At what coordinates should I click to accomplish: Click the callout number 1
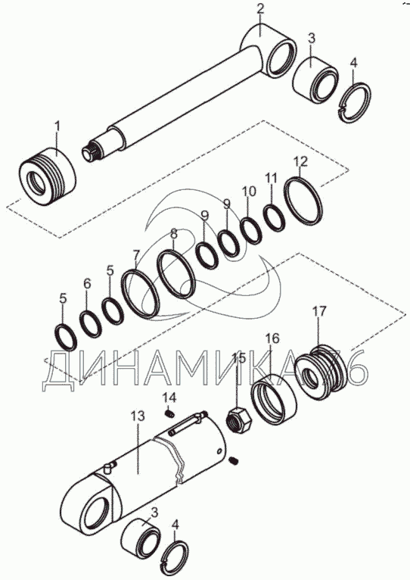tap(57, 127)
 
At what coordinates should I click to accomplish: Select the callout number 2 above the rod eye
tap(260, 9)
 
